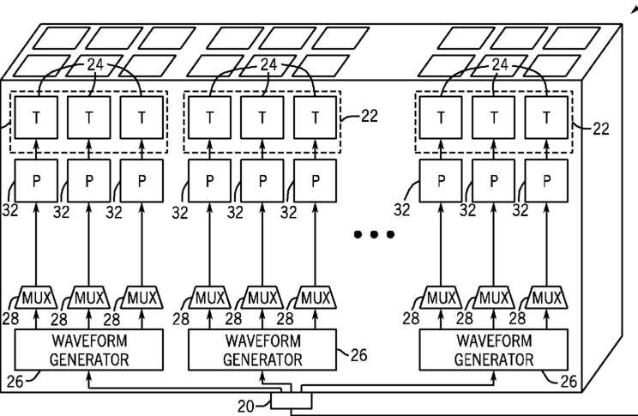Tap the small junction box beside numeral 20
(292, 400)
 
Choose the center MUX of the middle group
(263, 298)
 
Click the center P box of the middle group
(263, 182)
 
